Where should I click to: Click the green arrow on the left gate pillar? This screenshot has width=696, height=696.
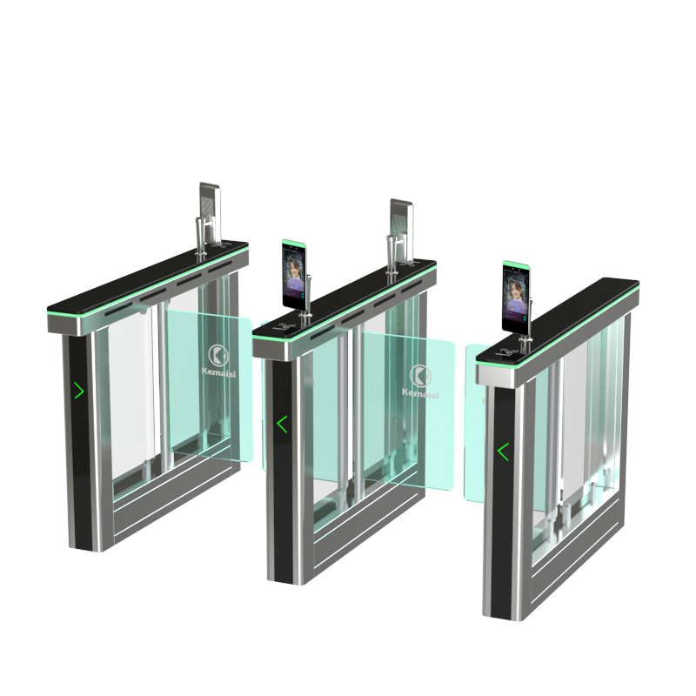point(79,390)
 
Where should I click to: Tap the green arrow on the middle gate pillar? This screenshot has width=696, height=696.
point(282,425)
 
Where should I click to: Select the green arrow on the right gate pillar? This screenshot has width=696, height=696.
point(503,452)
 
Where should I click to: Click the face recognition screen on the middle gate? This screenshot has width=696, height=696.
point(294,275)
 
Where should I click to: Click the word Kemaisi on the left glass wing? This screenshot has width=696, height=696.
point(219,372)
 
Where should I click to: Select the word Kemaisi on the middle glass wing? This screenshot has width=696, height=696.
point(420,393)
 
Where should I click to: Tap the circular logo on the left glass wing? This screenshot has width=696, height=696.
point(218,354)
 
